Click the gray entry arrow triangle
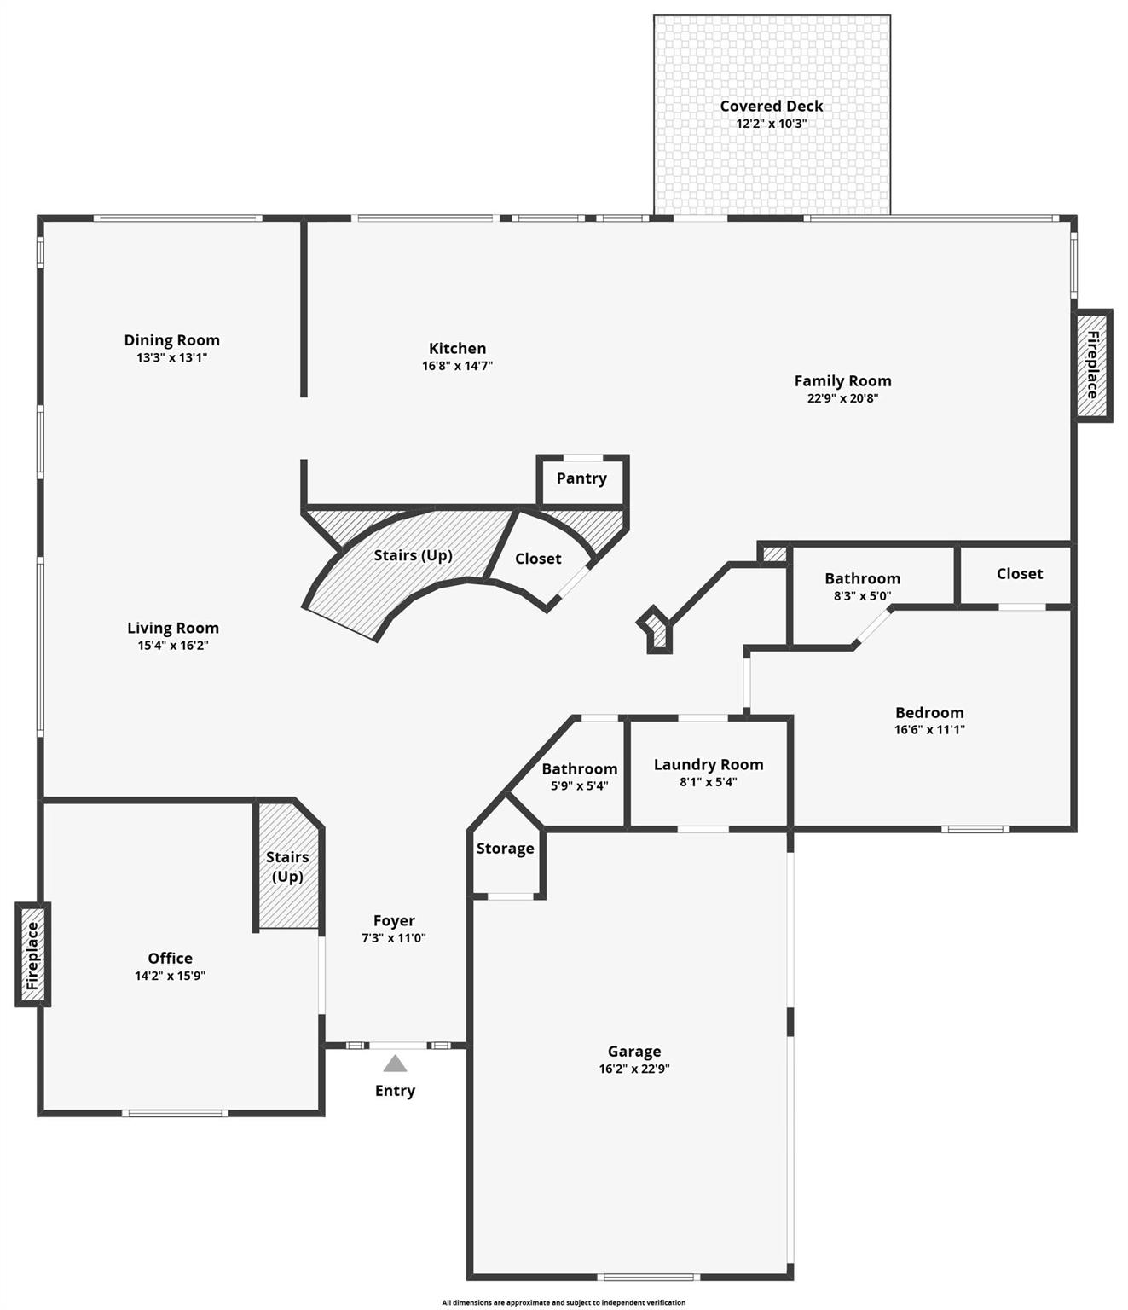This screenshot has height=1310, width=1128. click(395, 1064)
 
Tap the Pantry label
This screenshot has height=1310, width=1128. click(581, 478)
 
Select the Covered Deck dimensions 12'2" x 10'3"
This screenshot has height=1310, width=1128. click(772, 124)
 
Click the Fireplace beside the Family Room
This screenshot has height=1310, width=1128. click(1092, 364)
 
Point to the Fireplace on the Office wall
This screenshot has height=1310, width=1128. click(33, 955)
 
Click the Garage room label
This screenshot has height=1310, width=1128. click(634, 1052)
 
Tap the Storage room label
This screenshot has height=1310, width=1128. click(506, 849)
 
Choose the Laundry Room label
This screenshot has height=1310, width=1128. click(709, 765)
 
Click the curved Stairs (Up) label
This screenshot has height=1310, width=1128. click(413, 555)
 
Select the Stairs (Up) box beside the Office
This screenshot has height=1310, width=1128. click(287, 867)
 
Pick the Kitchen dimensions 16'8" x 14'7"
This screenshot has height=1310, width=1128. click(458, 366)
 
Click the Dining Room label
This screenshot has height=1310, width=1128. click(172, 340)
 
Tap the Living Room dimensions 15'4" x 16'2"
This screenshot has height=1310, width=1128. click(173, 646)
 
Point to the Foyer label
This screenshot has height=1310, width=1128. click(394, 921)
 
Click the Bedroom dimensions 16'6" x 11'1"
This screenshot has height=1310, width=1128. click(929, 730)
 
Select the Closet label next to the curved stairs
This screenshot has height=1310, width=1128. click(538, 559)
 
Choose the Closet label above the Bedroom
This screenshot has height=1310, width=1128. click(1020, 574)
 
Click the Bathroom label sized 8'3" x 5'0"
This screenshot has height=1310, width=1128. click(862, 579)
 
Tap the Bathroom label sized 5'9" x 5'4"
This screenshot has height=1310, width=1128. click(580, 769)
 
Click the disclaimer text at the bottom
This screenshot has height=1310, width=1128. click(564, 1302)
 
